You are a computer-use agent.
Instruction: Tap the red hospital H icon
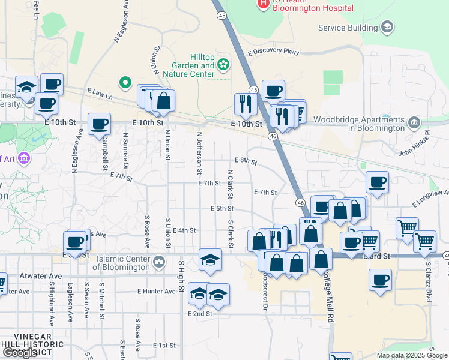(x=263, y=4)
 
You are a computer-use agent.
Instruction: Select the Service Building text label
(x=348, y=28)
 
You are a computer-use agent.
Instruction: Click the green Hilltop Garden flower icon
(x=223, y=64)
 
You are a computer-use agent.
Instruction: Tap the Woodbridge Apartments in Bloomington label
(x=369, y=124)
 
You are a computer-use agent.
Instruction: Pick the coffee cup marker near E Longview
(x=377, y=182)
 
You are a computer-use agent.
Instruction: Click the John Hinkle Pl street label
(x=415, y=146)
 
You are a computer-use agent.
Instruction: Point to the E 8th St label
(x=246, y=161)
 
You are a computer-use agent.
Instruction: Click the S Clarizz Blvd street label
(x=429, y=280)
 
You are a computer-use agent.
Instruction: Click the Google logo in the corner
(x=20, y=353)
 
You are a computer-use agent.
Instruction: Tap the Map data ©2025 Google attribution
(x=411, y=355)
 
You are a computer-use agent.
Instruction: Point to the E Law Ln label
(x=100, y=92)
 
